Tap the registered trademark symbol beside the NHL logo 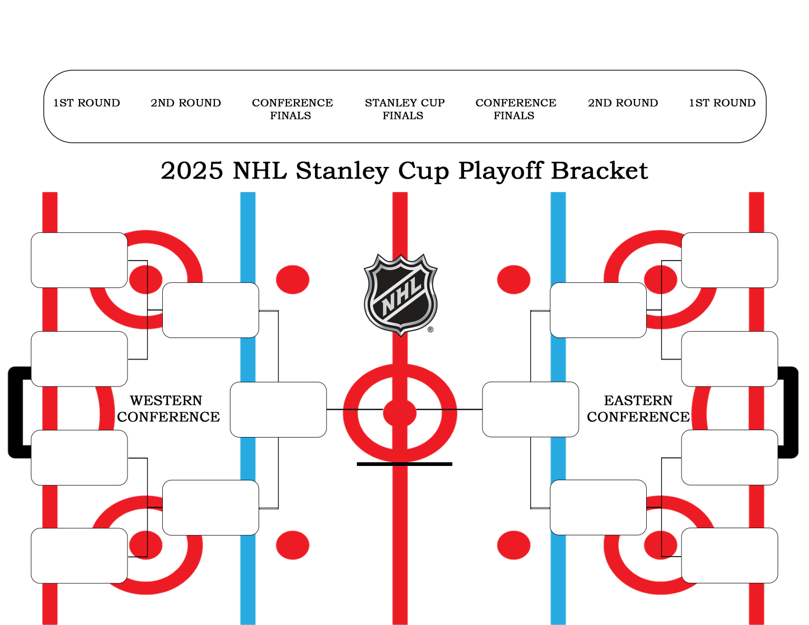pos(430,330)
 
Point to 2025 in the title pos(192,171)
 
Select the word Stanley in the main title pos(342,171)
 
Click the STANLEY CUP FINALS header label pos(404,109)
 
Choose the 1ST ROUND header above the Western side pos(86,103)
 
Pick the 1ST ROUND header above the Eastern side pos(722,103)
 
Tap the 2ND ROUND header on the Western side pos(185,103)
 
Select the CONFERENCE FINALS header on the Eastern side pos(515,109)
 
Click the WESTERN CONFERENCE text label pos(168,409)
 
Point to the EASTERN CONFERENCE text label pos(638,409)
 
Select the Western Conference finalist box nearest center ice pos(278,410)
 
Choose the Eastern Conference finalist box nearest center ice pos(530,410)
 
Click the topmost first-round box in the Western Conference pos(79,260)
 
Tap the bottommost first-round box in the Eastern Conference pos(729,555)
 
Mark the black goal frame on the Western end pos(14,412)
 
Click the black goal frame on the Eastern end pos(793,412)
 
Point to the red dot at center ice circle pos(400,413)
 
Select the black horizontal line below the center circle pos(404,464)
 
